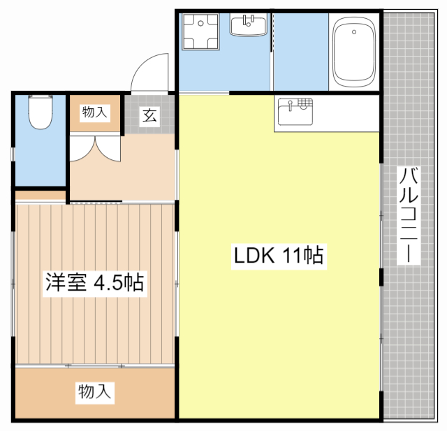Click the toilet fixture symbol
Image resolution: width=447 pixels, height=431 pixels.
pyautogui.click(x=40, y=112)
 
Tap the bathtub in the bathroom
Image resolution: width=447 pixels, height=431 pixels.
pyautogui.click(x=353, y=52)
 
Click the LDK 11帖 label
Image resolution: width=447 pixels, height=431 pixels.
pyautogui.click(x=277, y=256)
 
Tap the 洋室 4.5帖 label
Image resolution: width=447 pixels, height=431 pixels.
pyautogui.click(x=95, y=283)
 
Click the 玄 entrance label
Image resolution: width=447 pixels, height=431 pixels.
pyautogui.click(x=150, y=115)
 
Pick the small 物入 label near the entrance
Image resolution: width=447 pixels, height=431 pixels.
pyautogui.click(x=96, y=112)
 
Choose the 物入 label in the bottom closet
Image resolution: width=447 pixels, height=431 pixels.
pyautogui.click(x=95, y=392)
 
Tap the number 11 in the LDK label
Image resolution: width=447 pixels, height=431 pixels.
pyautogui.click(x=292, y=256)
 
